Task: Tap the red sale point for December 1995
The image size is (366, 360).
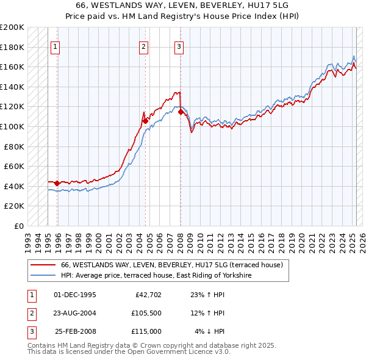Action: pos(57,183)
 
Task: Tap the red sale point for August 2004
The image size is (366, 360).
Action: pos(145,121)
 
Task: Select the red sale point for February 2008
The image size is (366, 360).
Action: pos(181,112)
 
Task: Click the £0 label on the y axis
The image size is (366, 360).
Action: pos(18,226)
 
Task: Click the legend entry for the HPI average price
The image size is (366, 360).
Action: pos(156,276)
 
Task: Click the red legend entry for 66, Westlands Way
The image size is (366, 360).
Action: pos(171,265)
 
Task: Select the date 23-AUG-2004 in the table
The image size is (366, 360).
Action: pos(75,314)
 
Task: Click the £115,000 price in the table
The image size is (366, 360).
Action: pos(146,331)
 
